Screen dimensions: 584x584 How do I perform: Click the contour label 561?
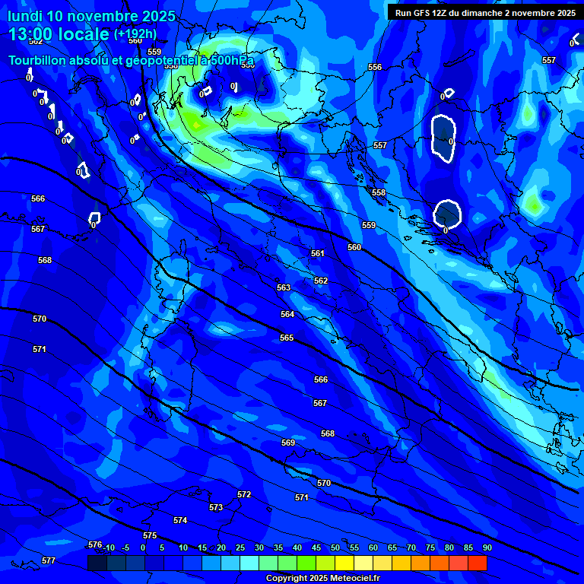(x=318, y=253)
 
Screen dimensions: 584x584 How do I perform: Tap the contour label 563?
(x=284, y=287)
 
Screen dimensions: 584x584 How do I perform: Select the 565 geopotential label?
(x=287, y=338)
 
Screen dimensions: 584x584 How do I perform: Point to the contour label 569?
(x=288, y=443)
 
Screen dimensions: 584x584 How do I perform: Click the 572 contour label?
(x=244, y=494)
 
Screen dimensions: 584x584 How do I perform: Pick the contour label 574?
(x=180, y=520)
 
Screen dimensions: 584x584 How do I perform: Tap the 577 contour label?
(x=49, y=560)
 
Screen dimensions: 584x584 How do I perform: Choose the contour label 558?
(x=379, y=192)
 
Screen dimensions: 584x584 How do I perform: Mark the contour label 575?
(x=150, y=536)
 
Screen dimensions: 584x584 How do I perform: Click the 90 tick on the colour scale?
(x=487, y=547)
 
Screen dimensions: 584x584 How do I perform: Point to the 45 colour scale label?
(x=316, y=547)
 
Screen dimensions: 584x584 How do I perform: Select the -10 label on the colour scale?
(x=109, y=547)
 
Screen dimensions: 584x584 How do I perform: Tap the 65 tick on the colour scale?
(x=392, y=547)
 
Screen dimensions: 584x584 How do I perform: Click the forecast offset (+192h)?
(x=135, y=34)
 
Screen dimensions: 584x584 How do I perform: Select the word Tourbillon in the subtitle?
(x=38, y=60)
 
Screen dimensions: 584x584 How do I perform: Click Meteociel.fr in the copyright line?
(x=352, y=578)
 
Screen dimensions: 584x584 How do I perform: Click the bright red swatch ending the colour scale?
(x=478, y=563)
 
